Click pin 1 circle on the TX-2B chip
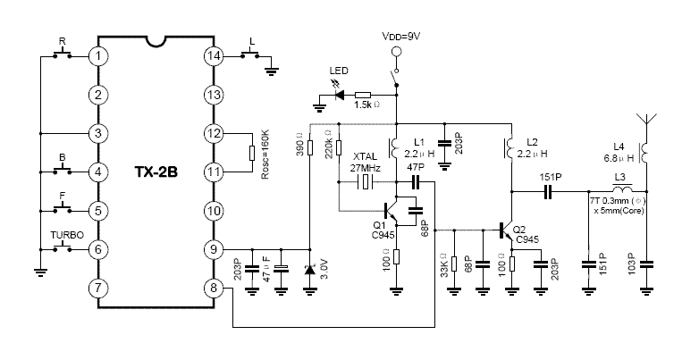[98, 55]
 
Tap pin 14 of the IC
[212, 55]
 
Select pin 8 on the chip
[212, 288]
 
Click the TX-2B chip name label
[155, 172]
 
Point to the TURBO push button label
[68, 234]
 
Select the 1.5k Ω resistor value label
[367, 105]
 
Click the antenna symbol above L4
[644, 121]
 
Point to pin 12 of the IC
[212, 133]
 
